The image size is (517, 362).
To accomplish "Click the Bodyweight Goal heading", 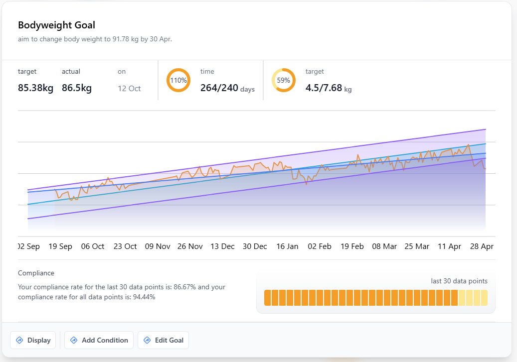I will pyautogui.click(x=56, y=25).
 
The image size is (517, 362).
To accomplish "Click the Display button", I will pyautogui.click(x=33, y=340).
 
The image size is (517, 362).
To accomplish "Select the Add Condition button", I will pyautogui.click(x=99, y=340).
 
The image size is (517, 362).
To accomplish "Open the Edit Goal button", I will pyautogui.click(x=163, y=340).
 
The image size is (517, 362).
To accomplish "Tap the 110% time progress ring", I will pyautogui.click(x=178, y=80).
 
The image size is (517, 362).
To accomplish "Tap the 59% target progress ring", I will pyautogui.click(x=284, y=80).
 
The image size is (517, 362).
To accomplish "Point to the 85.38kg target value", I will pyautogui.click(x=35, y=88).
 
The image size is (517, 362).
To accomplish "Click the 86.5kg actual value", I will pyautogui.click(x=77, y=88).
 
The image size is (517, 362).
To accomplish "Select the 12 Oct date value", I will pyautogui.click(x=129, y=89).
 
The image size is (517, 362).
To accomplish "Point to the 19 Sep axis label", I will pyautogui.click(x=60, y=246).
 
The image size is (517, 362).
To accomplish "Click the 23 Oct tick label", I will pyautogui.click(x=125, y=246).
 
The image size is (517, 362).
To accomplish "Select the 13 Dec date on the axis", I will pyautogui.click(x=222, y=246).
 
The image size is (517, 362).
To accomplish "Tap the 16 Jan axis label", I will pyautogui.click(x=287, y=246).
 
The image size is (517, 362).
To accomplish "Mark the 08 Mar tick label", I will pyautogui.click(x=384, y=246).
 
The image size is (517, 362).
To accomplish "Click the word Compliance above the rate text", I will pyautogui.click(x=36, y=273).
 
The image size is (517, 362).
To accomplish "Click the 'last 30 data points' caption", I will pyautogui.click(x=459, y=281).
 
